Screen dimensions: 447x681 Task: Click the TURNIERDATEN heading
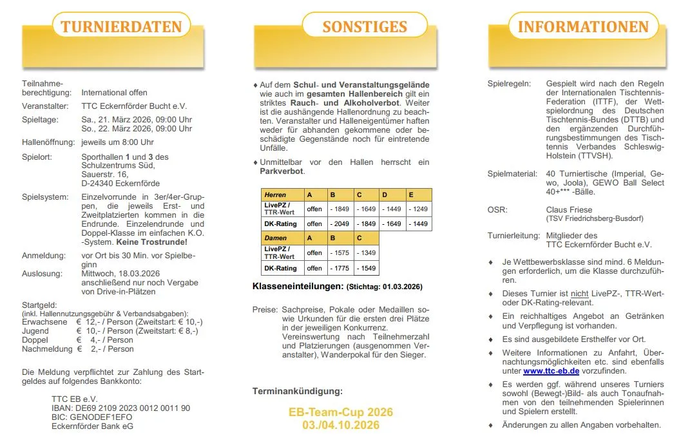point(121,28)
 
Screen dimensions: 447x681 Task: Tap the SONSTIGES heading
point(365,27)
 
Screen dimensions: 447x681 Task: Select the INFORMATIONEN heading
point(583,27)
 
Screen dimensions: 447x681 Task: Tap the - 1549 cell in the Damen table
point(367,268)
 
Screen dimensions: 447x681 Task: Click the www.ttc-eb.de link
point(551,371)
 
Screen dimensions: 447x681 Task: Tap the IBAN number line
point(120,408)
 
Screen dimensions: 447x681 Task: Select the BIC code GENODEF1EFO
point(91,417)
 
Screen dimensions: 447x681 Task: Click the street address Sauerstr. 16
point(105,175)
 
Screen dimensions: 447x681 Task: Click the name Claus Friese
point(569,210)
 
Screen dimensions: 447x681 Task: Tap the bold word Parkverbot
point(282,171)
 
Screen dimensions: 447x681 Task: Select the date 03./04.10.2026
point(341,425)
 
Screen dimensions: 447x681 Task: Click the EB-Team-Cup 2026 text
point(341,412)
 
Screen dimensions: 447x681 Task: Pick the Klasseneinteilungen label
point(297,285)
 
